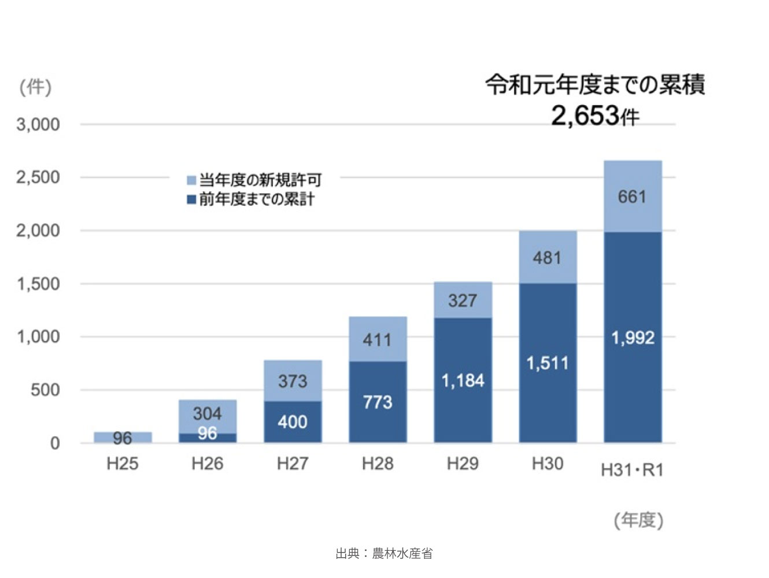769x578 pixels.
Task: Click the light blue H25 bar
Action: [x=123, y=437]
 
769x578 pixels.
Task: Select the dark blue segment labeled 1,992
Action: [x=633, y=338]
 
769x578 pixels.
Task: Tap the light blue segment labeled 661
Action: [x=633, y=197]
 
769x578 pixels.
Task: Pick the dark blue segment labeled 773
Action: [x=378, y=402]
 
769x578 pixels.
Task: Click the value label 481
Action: [x=547, y=258]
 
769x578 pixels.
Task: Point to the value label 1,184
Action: [x=463, y=380]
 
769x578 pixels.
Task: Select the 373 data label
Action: [x=293, y=381]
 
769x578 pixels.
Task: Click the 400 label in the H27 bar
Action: [x=293, y=422]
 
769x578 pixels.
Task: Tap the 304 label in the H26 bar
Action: [x=207, y=413]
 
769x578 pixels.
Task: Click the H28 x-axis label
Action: [x=378, y=464]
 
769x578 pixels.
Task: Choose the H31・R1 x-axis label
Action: [x=632, y=470]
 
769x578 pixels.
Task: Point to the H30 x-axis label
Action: [x=547, y=464]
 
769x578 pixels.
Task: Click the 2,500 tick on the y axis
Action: [x=38, y=177]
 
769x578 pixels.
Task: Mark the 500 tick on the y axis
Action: [x=45, y=390]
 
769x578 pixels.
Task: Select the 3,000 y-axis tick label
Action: [x=38, y=124]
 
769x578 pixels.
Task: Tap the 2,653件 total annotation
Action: [x=595, y=116]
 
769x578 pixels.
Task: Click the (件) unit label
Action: [x=35, y=87]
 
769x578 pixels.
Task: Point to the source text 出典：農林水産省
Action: [x=384, y=554]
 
